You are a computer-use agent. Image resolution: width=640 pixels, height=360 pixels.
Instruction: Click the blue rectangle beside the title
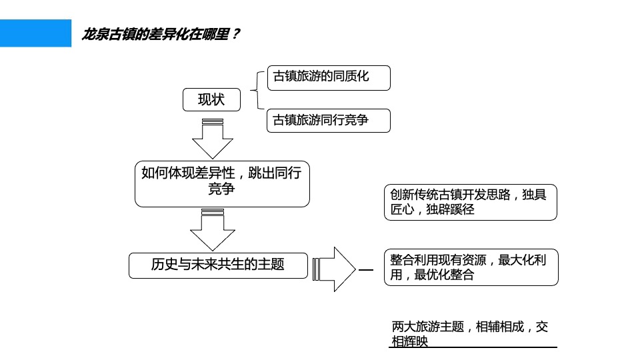click(x=35, y=33)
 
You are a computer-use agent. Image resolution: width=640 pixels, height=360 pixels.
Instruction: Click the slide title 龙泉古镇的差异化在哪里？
click(x=160, y=34)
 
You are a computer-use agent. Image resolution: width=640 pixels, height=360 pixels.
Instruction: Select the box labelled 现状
click(x=211, y=100)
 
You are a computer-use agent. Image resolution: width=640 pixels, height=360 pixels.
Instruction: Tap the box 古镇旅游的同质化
click(x=328, y=77)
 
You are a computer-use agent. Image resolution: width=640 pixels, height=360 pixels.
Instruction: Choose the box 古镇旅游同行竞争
click(x=328, y=121)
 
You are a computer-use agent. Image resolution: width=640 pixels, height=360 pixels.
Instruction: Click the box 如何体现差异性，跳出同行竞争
click(x=222, y=183)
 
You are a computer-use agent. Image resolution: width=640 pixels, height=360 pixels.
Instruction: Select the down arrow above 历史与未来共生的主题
click(x=212, y=229)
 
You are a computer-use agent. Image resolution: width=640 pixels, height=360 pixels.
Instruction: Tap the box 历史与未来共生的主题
click(x=218, y=265)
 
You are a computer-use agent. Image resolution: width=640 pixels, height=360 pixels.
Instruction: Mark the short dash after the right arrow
click(x=366, y=270)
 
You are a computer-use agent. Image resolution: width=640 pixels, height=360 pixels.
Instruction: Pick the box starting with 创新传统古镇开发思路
click(x=470, y=202)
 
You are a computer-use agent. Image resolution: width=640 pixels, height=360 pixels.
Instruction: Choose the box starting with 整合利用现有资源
click(x=471, y=267)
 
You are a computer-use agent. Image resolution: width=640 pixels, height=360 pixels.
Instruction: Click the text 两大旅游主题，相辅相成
click(x=469, y=327)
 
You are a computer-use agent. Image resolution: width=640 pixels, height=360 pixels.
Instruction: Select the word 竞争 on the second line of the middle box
click(x=222, y=190)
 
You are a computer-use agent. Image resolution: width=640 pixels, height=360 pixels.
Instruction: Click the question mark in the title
click(x=235, y=34)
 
